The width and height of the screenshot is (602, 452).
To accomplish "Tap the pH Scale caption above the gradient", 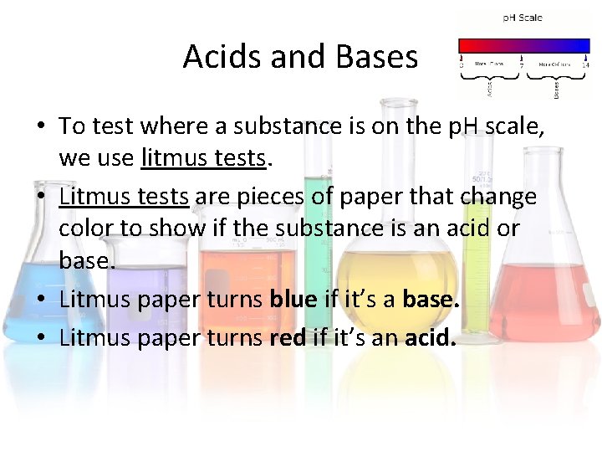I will pos(523,18).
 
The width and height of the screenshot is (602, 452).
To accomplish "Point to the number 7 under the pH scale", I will pos(522,64).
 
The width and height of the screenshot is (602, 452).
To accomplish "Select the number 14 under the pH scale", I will pos(585,64).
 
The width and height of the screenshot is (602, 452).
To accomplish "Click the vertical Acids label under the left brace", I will pos(489,85).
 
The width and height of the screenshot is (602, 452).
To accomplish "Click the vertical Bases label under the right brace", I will pos(556,86).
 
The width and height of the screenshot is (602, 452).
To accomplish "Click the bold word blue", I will pos(292,300).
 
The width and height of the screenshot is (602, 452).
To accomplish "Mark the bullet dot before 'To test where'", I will pos(40,127).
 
